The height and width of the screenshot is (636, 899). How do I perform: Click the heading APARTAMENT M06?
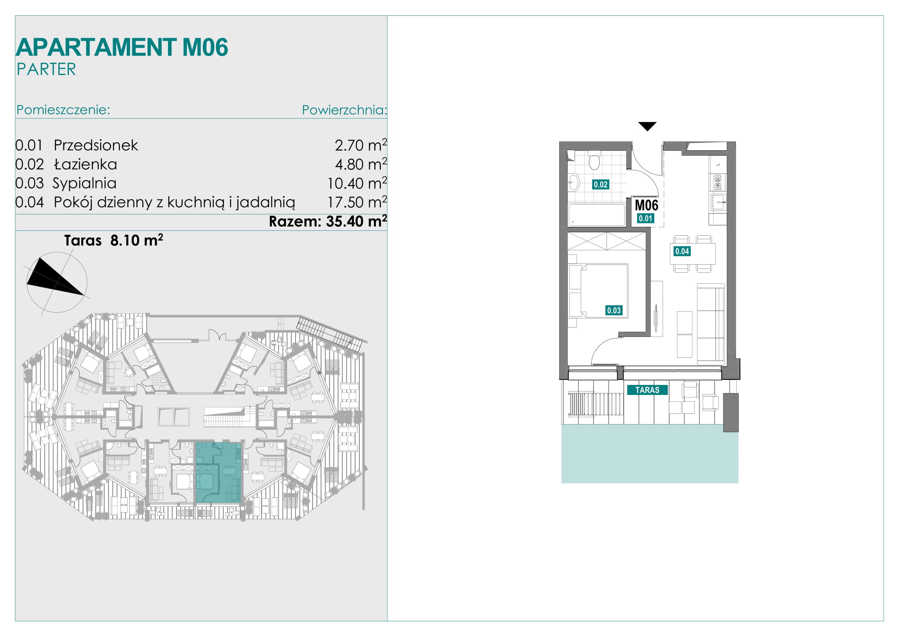pyautogui.click(x=122, y=47)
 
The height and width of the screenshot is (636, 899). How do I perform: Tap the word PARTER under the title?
pyautogui.click(x=46, y=69)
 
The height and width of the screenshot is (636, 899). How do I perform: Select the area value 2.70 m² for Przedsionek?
pyautogui.click(x=361, y=145)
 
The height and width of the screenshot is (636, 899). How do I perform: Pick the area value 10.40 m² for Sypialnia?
pyautogui.click(x=357, y=183)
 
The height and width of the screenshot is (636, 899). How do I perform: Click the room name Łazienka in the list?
pyautogui.click(x=85, y=164)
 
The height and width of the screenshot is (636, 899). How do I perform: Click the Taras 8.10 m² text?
pyautogui.click(x=113, y=240)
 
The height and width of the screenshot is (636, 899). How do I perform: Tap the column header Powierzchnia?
pyautogui.click(x=344, y=110)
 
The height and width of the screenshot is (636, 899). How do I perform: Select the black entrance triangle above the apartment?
pyautogui.click(x=647, y=126)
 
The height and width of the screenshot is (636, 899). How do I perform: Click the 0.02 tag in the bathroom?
pyautogui.click(x=600, y=185)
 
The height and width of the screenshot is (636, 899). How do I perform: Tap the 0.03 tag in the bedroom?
pyautogui.click(x=613, y=311)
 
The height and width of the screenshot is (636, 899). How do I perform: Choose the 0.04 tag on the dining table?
pyautogui.click(x=682, y=251)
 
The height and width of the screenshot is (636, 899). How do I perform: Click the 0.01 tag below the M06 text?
pyautogui.click(x=645, y=218)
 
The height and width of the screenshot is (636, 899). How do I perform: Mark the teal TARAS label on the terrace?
pyautogui.click(x=647, y=390)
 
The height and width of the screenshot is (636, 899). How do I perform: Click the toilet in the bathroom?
pyautogui.click(x=594, y=161)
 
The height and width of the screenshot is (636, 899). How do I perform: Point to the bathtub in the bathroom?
pyautogui.click(x=597, y=215)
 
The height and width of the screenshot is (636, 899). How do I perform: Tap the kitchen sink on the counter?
pyautogui.click(x=718, y=202)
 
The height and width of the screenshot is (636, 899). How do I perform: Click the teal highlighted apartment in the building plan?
pyautogui.click(x=218, y=472)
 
